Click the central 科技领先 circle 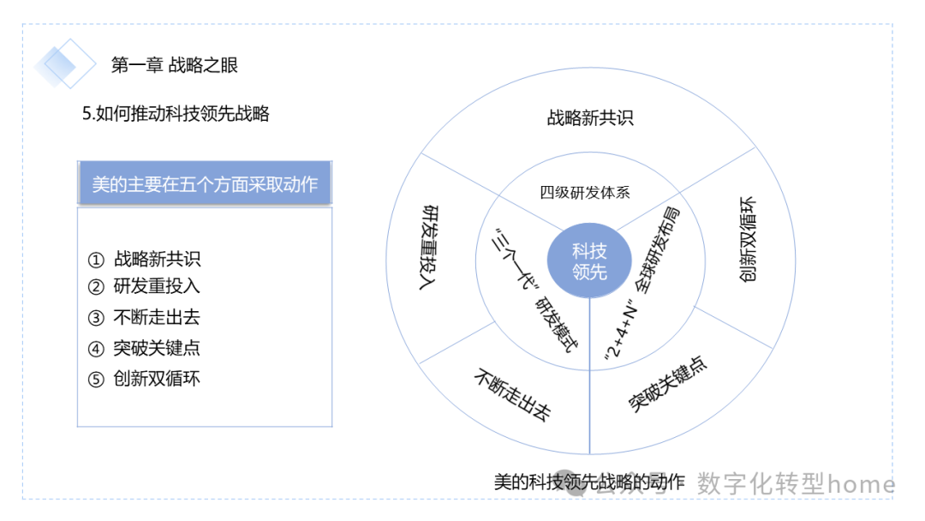coord(589,261)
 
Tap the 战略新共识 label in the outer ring coord(590,118)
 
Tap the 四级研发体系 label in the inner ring coord(585,192)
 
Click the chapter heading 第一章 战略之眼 coord(175,64)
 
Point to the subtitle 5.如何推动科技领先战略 coord(176,114)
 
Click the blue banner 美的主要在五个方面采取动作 coord(204,183)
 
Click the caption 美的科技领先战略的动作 coord(589,482)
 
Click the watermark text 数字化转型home coord(796,484)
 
